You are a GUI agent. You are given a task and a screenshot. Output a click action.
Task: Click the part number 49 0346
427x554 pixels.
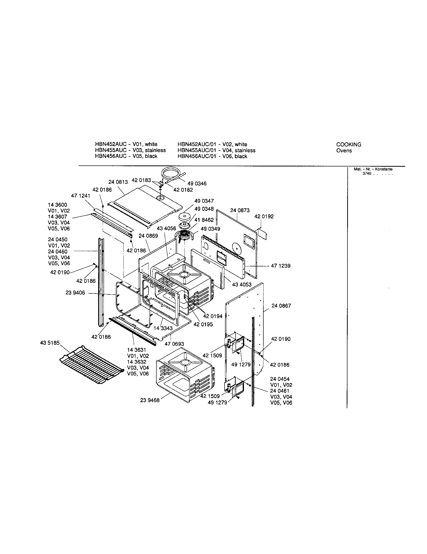[x=197, y=184]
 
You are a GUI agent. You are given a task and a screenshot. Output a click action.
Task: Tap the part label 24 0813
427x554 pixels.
[x=118, y=182]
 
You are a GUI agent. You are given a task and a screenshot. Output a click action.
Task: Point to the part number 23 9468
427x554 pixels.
[x=150, y=400]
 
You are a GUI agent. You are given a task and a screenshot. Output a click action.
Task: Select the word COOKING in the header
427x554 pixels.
[x=349, y=145]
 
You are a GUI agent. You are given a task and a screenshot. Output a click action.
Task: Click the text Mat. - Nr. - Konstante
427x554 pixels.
[x=373, y=169]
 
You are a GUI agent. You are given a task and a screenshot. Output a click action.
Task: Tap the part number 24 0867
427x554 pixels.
[x=281, y=306]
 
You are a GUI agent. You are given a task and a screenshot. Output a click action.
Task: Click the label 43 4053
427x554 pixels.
[x=242, y=285]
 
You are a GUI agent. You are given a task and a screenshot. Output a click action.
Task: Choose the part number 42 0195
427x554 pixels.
[x=203, y=324]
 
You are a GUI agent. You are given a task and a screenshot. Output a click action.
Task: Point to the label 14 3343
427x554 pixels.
[x=163, y=328]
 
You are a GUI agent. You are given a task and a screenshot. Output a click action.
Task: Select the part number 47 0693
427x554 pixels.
[x=174, y=344]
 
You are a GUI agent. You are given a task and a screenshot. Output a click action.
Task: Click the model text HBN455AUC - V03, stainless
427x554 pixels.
[x=130, y=150]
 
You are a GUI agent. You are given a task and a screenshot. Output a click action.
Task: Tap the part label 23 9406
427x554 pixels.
[x=75, y=293]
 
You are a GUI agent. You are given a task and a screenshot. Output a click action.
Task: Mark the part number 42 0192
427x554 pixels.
[x=264, y=216]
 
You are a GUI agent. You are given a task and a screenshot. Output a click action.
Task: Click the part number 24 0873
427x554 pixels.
[x=240, y=210]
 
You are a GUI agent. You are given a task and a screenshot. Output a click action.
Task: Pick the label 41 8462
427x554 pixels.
[x=204, y=220]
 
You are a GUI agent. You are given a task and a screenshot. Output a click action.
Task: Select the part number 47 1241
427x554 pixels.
[x=81, y=196]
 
